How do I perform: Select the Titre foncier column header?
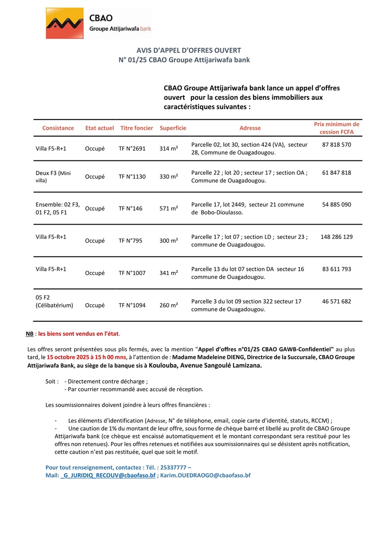[137, 128]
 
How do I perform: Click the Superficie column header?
[173, 128]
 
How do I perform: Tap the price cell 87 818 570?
[337, 145]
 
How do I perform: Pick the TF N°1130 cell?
[132, 177]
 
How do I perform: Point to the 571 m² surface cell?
[169, 208]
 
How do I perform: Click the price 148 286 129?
[337, 236]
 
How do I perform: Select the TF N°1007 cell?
[132, 273]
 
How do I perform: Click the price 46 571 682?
[337, 301]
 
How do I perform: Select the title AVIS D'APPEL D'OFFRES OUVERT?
[189, 50]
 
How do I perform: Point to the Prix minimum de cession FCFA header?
[337, 128]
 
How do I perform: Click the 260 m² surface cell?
[169, 305]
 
